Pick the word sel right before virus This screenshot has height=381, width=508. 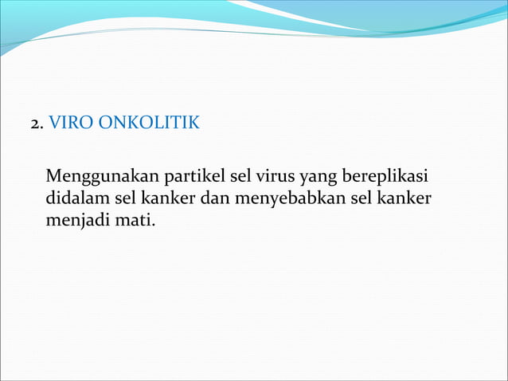pyautogui.click(x=240, y=176)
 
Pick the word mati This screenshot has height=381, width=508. pyautogui.click(x=136, y=216)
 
